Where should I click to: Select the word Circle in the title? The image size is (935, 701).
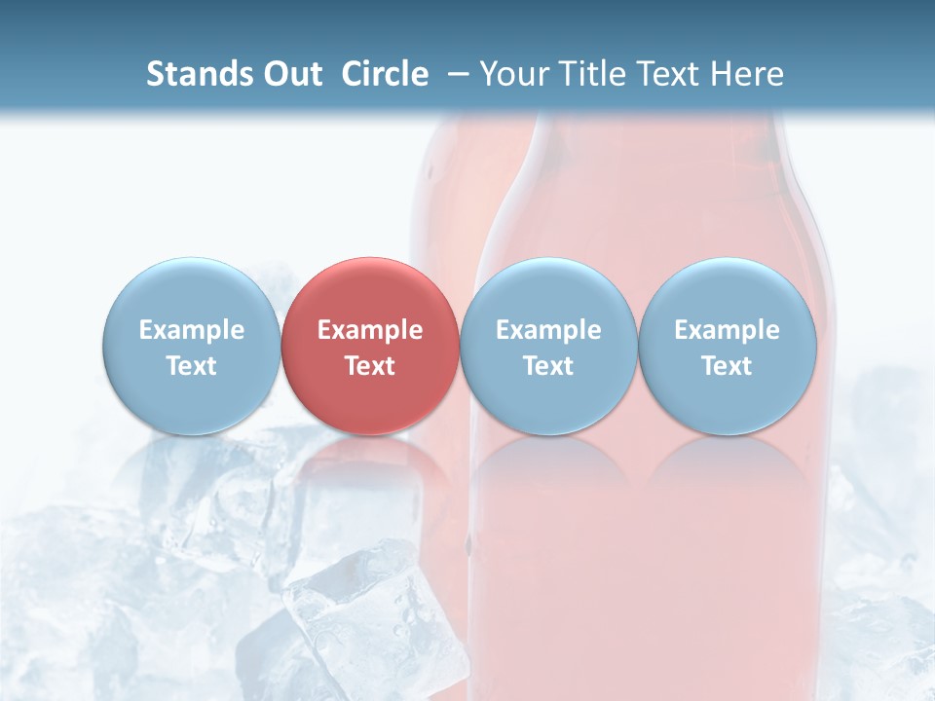(385, 74)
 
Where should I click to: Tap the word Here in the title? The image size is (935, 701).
(747, 74)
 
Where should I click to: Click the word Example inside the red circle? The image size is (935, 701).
(370, 330)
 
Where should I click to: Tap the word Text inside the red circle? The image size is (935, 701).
(370, 366)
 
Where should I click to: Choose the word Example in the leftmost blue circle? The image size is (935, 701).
(192, 330)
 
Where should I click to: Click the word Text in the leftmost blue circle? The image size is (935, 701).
(192, 366)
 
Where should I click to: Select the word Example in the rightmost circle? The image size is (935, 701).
(728, 330)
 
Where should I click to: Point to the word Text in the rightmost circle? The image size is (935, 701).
(728, 366)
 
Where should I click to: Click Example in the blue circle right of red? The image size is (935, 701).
(548, 330)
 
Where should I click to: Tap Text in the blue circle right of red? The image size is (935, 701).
(548, 366)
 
